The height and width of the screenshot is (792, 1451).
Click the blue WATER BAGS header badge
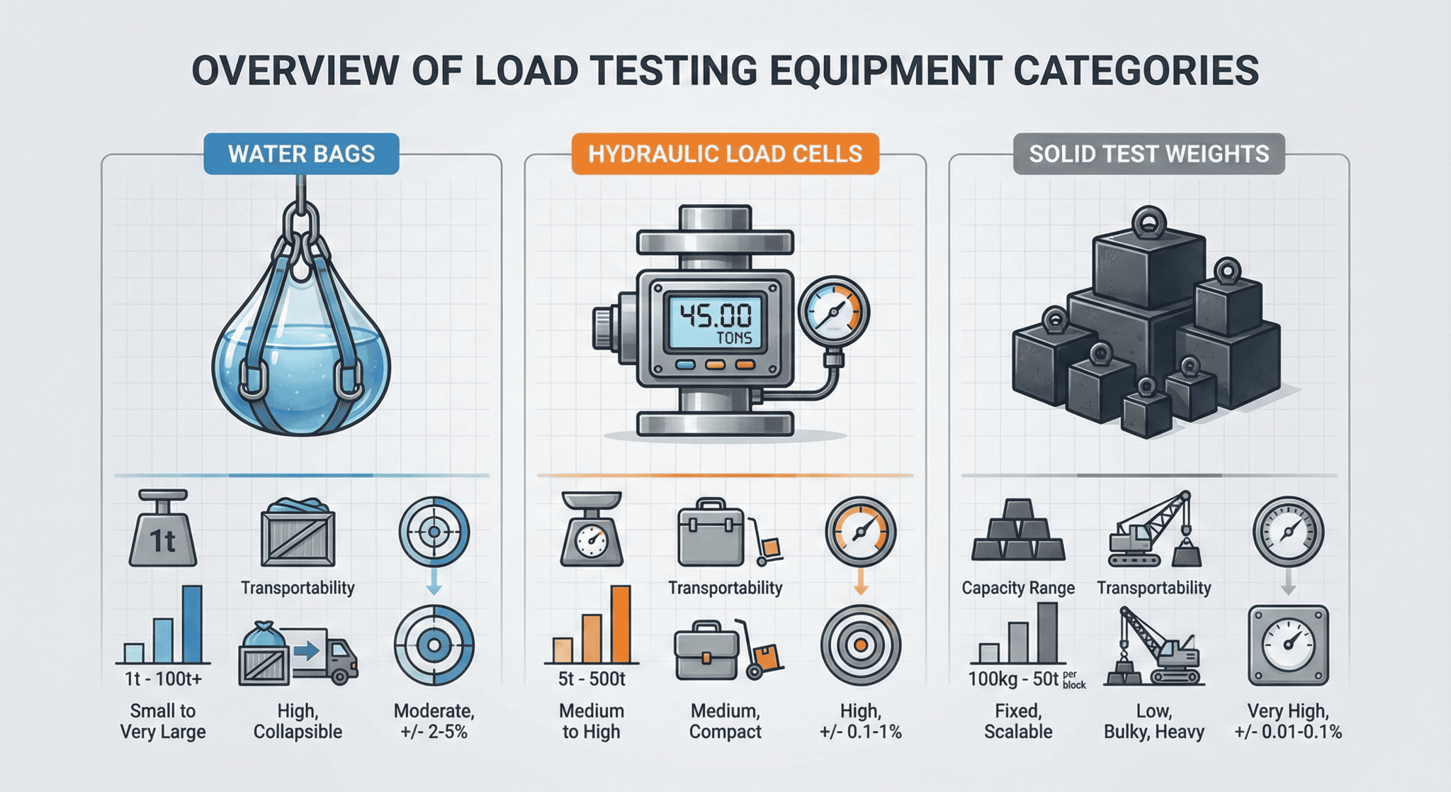pos(301,154)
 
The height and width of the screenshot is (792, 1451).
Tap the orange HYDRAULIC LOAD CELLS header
pos(725,154)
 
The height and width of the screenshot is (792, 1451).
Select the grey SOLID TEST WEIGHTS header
pos(1148,154)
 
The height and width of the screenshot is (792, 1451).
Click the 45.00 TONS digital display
pos(715,322)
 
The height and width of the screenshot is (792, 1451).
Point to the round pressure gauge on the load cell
pos(834,312)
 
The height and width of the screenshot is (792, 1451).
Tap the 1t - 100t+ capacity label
pos(163,679)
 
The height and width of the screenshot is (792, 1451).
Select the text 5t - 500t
pos(592,679)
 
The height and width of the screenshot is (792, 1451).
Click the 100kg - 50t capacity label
pos(1014,679)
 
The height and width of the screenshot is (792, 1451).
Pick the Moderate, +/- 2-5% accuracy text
pos(434,721)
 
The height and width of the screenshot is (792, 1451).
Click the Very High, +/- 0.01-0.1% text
pos(1287,721)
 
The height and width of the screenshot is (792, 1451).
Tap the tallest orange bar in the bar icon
pos(620,623)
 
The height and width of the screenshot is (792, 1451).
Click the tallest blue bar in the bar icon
pos(192,623)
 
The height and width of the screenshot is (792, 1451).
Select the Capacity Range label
pos(1018,588)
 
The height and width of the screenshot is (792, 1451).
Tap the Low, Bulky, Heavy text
pos(1153,721)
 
